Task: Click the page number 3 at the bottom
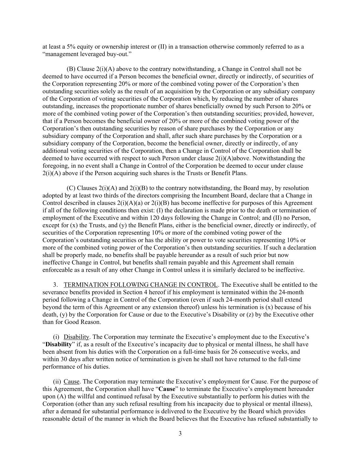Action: [180, 434]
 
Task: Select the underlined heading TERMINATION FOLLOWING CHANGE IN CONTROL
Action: [140, 285]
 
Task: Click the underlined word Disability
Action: [76, 337]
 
